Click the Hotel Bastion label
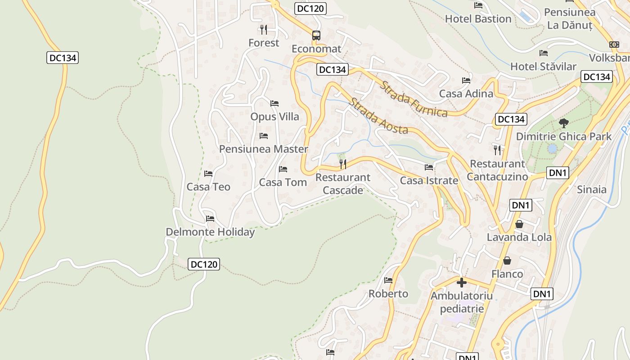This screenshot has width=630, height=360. [478, 19]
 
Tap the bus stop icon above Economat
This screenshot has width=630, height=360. [316, 36]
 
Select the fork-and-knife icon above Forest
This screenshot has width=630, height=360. [264, 30]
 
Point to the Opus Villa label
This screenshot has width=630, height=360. [274, 117]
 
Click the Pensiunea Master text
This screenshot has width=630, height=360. [263, 149]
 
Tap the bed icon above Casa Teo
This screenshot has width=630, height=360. [208, 173]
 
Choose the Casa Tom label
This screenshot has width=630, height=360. [283, 182]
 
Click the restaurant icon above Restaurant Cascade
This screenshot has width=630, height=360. [343, 164]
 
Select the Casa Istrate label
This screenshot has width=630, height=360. [429, 181]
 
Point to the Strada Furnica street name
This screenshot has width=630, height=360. [414, 99]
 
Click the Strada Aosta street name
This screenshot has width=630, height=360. [378, 116]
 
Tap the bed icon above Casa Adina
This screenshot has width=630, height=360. [466, 81]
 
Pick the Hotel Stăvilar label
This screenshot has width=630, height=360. [543, 67]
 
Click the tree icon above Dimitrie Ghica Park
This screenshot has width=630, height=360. [563, 123]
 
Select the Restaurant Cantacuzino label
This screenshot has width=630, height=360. [497, 170]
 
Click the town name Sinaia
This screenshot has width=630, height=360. [592, 189]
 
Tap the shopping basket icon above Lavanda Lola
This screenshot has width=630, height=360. [519, 224]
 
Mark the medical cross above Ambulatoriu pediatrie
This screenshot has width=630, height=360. [461, 283]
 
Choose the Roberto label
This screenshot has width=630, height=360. [388, 294]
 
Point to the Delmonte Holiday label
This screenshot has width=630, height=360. [210, 232]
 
